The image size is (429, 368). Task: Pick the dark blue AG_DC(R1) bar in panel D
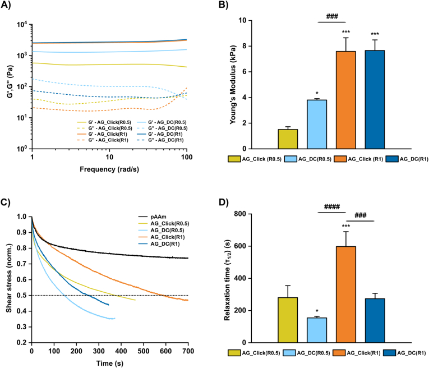click(375, 320)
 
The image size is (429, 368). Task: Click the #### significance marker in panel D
click(331, 206)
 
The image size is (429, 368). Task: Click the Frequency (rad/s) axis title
click(109, 169)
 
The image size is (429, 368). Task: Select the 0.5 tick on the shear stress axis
click(20, 295)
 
